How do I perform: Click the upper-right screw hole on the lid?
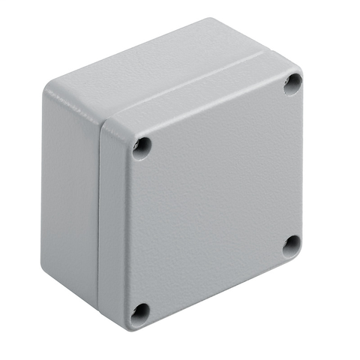click(x=292, y=84)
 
